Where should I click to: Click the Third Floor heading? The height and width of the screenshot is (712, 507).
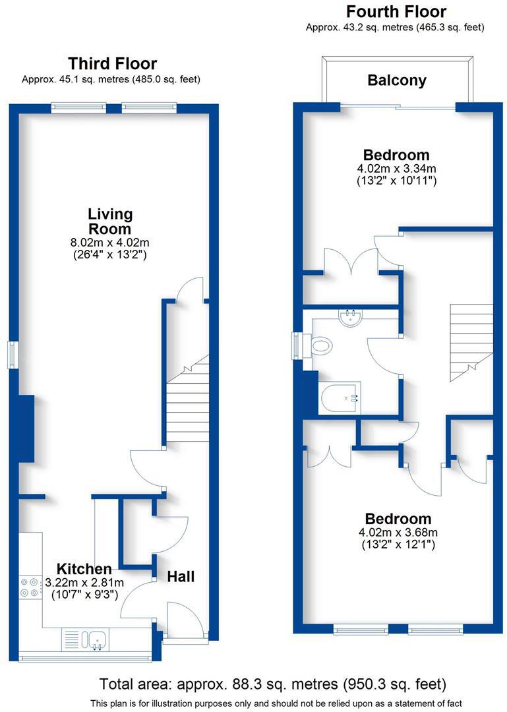tap(112, 64)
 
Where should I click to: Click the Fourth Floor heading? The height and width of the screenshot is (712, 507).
tap(396, 12)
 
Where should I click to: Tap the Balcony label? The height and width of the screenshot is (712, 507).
tap(397, 80)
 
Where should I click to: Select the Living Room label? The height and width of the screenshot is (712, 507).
tap(110, 221)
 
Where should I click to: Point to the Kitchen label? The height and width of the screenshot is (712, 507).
tap(84, 569)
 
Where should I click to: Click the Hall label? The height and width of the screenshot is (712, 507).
tap(181, 576)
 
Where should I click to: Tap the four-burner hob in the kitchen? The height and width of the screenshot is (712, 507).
tap(30, 587)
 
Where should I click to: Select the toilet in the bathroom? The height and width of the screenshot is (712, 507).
tap(322, 344)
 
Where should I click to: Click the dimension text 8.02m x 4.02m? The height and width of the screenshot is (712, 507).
tap(110, 243)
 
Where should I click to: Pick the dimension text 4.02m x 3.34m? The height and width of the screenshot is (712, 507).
tap(397, 169)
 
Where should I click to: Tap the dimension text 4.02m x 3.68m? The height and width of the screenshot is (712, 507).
tap(398, 533)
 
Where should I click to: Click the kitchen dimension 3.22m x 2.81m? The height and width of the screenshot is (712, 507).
tap(84, 583)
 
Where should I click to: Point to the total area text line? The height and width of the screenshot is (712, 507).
tap(273, 683)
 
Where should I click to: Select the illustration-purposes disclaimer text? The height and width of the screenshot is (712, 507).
tap(276, 703)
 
